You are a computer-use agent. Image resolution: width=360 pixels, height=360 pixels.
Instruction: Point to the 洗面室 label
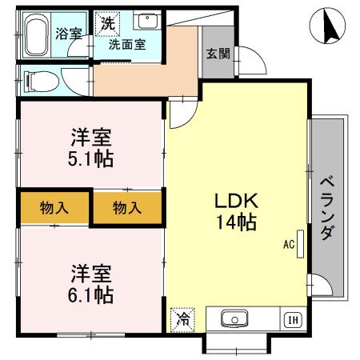[128, 45]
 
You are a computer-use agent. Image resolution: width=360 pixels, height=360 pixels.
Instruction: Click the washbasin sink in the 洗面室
[146, 22]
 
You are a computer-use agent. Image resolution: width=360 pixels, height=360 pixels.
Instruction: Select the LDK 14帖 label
[234, 210]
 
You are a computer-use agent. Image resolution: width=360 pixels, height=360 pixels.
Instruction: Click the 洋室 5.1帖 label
[90, 146]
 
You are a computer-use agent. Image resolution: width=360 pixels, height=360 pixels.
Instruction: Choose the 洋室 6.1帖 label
[90, 283]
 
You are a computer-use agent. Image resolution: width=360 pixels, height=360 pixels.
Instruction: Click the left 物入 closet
[54, 208]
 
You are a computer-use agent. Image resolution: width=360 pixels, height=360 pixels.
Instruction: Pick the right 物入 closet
[126, 208]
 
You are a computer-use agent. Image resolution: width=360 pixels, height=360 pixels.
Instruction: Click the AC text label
[288, 246]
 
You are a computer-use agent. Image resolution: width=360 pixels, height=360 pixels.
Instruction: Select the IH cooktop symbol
[292, 320]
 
